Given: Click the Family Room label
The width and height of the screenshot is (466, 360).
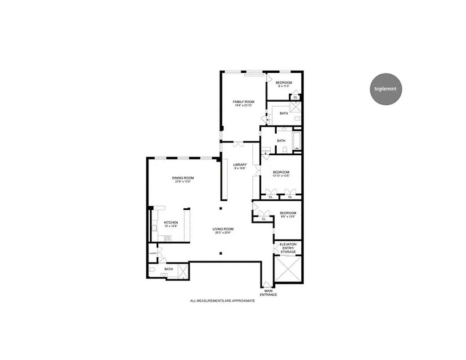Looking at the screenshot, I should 243,102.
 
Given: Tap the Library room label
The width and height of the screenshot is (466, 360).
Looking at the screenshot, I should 240,165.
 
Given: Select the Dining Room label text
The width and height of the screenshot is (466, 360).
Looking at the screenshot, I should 182,178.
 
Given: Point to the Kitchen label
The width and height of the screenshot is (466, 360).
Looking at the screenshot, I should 170,222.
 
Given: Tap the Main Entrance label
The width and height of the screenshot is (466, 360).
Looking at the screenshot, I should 268,292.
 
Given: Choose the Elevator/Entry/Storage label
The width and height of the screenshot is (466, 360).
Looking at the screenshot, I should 288,247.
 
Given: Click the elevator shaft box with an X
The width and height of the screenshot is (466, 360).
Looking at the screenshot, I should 288,269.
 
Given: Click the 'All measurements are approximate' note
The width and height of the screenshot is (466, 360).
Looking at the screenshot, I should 222,301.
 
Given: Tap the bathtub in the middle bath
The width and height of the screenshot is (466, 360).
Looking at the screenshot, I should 296,140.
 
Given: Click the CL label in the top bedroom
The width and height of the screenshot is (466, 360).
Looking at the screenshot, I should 295,97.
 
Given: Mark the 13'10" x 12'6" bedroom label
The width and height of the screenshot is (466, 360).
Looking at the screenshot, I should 281,175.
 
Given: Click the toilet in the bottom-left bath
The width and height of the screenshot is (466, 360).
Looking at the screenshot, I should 153,270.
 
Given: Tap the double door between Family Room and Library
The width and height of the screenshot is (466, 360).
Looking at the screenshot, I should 238,144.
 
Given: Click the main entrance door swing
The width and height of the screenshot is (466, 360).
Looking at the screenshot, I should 268,284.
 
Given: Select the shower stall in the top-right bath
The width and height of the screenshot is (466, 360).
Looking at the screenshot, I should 295,107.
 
